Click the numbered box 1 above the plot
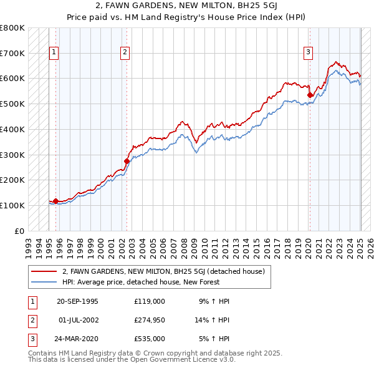54,53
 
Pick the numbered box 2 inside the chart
125,53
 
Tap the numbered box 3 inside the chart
308,53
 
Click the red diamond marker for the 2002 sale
127,161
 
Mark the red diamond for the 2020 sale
310,95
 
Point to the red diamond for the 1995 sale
55,201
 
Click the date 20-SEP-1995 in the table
77,301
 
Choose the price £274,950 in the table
150,320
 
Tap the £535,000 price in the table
150,339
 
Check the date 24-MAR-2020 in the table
77,339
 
